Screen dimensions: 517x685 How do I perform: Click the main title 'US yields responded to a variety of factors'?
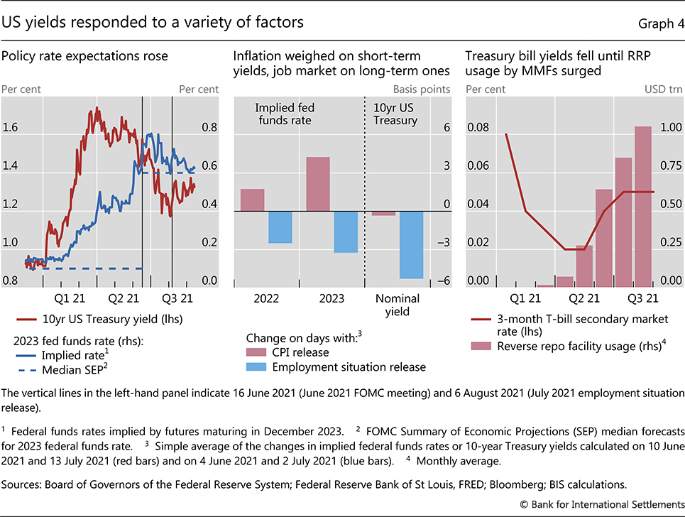pos(153,22)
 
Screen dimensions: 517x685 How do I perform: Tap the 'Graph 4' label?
pos(659,23)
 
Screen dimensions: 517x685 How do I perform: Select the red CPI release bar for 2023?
pos(318,184)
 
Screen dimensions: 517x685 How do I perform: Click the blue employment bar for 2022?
pos(280,227)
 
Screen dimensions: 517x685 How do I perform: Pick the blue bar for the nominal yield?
pos(412,244)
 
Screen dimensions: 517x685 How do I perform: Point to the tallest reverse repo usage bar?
pos(643,206)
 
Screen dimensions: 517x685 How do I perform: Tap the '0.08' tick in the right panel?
pos(478,128)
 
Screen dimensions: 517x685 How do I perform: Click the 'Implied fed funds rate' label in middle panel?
pos(285,114)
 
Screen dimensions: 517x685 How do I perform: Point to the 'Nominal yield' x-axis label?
pos(397,305)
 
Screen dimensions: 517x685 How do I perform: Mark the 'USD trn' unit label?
pos(665,89)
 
